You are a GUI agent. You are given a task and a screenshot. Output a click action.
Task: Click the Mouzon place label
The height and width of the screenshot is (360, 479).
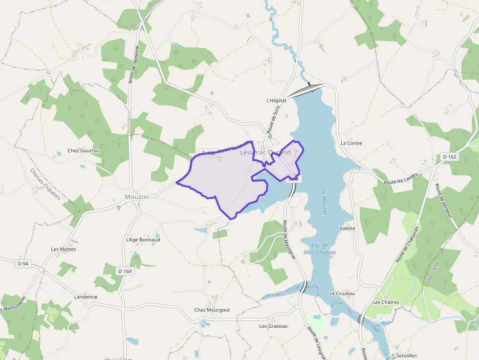click(x=137, y=196)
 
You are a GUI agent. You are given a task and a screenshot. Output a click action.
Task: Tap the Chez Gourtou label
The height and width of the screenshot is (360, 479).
click(x=84, y=151)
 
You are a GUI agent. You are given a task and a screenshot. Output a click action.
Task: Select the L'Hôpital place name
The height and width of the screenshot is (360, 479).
click(x=276, y=101)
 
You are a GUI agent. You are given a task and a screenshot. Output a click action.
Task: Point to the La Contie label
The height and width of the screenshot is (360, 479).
click(x=351, y=143)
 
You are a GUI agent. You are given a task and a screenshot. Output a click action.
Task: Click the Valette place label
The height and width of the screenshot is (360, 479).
click(x=347, y=228)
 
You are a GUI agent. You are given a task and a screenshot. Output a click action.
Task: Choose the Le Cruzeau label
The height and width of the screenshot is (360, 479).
click(x=342, y=294)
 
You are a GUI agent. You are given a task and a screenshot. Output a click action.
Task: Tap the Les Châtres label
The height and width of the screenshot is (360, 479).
click(x=386, y=302)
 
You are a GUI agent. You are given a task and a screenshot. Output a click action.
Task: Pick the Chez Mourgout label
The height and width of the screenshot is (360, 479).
click(x=212, y=310)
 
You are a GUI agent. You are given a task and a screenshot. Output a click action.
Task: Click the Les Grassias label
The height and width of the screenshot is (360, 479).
click(x=273, y=326)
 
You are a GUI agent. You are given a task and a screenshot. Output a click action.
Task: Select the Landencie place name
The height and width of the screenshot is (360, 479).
click(x=86, y=296)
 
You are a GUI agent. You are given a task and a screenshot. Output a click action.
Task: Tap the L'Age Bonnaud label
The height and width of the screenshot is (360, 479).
click(x=143, y=240)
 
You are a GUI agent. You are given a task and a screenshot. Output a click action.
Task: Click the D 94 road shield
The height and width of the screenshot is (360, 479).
click(x=23, y=264)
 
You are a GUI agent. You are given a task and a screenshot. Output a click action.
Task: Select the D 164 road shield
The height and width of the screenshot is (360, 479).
click(x=125, y=271)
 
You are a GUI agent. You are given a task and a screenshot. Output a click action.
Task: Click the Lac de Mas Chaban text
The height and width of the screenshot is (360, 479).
click(x=320, y=249)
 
